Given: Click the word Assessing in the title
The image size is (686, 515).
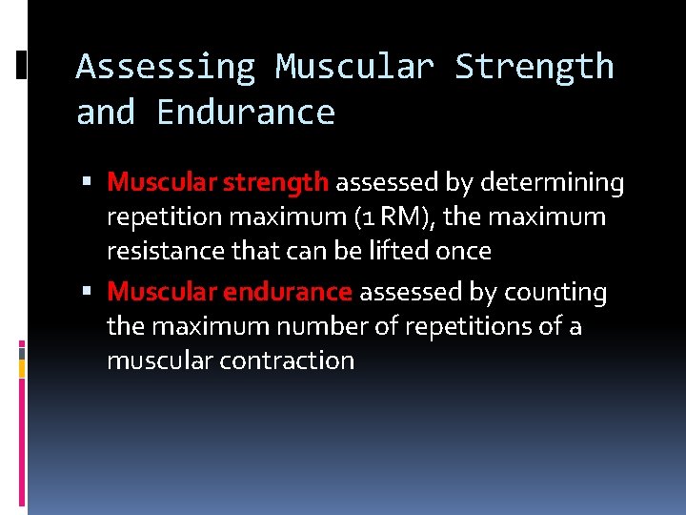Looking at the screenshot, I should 166,67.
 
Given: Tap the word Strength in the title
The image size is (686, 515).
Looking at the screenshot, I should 535,67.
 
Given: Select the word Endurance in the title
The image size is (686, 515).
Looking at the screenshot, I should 246,113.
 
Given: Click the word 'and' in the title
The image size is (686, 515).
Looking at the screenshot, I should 106,113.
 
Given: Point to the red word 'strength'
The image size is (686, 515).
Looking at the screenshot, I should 283,181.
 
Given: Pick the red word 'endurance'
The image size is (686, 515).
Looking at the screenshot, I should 293,292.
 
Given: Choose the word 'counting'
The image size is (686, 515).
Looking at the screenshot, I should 555,292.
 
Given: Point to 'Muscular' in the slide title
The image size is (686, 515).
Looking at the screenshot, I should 354,67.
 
